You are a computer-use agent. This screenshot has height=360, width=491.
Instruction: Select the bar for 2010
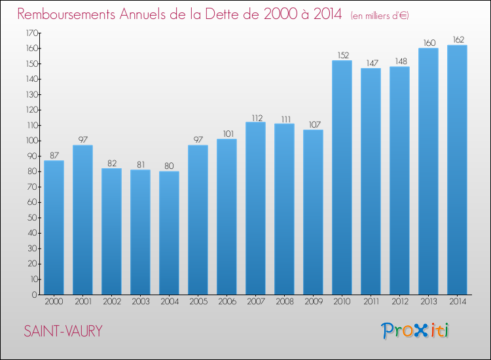342,177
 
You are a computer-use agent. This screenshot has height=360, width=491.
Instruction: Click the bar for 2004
169,233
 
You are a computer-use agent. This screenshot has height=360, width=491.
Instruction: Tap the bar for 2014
457,170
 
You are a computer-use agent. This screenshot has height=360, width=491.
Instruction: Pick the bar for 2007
255,208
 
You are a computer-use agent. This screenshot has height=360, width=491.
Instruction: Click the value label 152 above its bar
343,56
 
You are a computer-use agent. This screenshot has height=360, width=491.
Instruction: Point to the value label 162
458,40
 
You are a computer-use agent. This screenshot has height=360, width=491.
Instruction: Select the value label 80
169,166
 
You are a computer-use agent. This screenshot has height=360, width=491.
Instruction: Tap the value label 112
257,118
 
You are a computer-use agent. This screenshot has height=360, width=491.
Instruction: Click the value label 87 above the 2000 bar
54,155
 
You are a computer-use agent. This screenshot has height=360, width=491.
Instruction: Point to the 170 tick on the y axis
32,33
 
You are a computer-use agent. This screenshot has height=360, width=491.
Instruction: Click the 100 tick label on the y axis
32,141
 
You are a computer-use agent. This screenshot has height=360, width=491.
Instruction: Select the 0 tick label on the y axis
35,295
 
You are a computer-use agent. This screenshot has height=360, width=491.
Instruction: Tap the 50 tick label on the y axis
33,217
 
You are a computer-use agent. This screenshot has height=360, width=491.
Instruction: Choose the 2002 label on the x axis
112,302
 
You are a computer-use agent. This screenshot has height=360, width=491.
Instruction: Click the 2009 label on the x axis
314,302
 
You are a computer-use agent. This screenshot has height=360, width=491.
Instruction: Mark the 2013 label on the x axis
429,302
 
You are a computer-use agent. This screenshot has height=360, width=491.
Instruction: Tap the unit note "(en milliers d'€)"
380,16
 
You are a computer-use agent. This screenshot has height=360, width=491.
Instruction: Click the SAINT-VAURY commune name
63,331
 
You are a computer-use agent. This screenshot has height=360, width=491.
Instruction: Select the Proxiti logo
415,331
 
